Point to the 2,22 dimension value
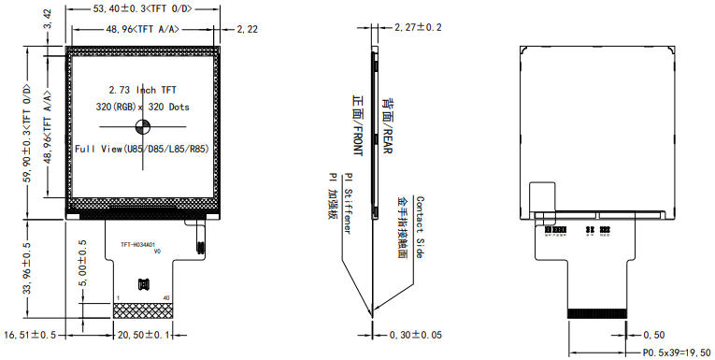pyautogui.click(x=248, y=31)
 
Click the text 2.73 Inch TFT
pyautogui.click(x=142, y=90)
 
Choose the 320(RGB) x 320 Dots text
pyautogui.click(x=142, y=108)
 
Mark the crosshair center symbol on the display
pyautogui.click(x=144, y=128)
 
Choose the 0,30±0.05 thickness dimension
pyautogui.click(x=418, y=334)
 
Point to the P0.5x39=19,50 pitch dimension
pyautogui.click(x=677, y=353)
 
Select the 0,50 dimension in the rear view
pyautogui.click(x=654, y=334)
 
